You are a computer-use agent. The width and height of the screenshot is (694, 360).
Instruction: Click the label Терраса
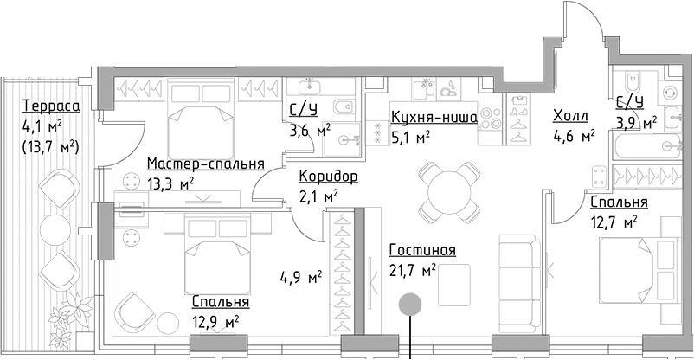(x=51, y=106)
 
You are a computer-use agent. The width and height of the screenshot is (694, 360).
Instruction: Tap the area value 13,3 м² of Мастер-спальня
(x=170, y=183)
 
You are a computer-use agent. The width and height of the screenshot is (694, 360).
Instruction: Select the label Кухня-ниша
(x=434, y=119)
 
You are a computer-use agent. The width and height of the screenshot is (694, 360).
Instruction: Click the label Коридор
(x=328, y=177)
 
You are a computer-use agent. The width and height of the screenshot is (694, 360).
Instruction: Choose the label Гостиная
(x=422, y=252)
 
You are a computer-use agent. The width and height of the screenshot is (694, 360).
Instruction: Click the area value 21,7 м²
(x=412, y=272)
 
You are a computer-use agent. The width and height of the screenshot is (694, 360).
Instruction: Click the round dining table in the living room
(x=447, y=190)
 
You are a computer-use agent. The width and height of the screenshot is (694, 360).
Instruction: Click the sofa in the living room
(x=519, y=269)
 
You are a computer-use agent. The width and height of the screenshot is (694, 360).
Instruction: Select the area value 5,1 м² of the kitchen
(x=411, y=137)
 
